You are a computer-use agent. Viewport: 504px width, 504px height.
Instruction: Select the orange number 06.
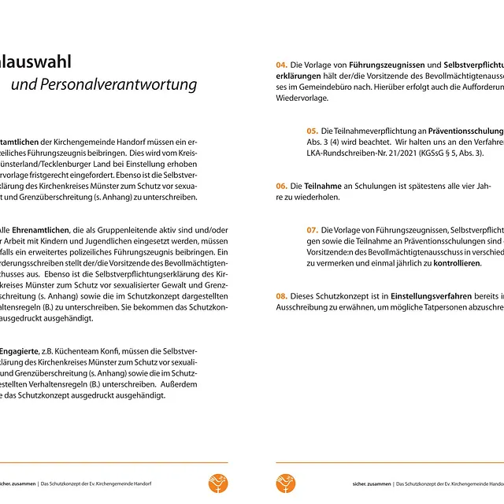click(281, 186)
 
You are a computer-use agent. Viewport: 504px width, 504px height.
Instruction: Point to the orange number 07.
click(313, 229)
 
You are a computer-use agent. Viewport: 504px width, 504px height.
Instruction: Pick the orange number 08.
click(281, 295)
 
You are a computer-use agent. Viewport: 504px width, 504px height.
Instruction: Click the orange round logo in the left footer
click(218, 483)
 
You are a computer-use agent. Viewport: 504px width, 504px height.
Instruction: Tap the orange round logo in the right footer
click(284, 483)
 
